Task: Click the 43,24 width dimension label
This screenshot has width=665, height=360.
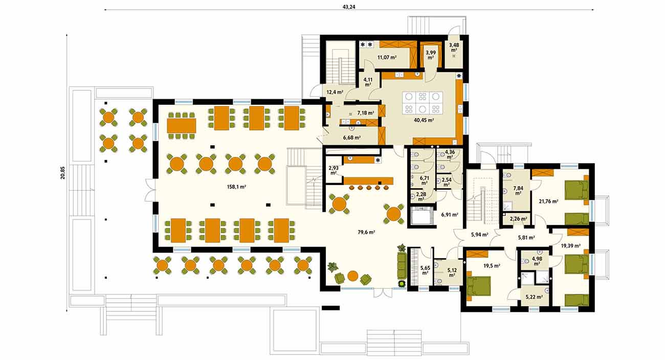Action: pos(349,7)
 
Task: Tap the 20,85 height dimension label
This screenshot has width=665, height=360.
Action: pos(62,173)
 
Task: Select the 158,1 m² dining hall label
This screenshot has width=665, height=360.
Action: pos(236,187)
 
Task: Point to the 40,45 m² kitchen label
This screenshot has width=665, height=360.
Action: pos(424,120)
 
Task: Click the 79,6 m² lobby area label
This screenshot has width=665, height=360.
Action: pos(366,232)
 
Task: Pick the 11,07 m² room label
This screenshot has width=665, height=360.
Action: pos(387,57)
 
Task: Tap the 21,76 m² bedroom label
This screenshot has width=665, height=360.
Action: pos(548,201)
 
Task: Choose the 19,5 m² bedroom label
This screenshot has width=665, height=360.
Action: pos(492,266)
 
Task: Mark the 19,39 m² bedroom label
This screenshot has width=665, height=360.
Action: pos(570,246)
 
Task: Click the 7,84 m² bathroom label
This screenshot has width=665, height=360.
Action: pos(518,191)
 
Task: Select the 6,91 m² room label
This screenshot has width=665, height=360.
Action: pos(450,215)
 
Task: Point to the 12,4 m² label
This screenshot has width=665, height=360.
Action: pos(335,92)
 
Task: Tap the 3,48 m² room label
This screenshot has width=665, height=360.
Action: pos(454,48)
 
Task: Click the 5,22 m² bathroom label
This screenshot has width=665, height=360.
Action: pos(534,297)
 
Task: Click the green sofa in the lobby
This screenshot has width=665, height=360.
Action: pos(402,265)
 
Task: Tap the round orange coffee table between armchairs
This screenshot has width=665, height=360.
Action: pos(352,276)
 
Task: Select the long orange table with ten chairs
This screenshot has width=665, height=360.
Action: pos(182,126)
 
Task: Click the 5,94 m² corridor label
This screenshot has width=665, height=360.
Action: pos(479,235)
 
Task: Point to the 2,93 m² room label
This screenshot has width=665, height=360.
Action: pos(334,170)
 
